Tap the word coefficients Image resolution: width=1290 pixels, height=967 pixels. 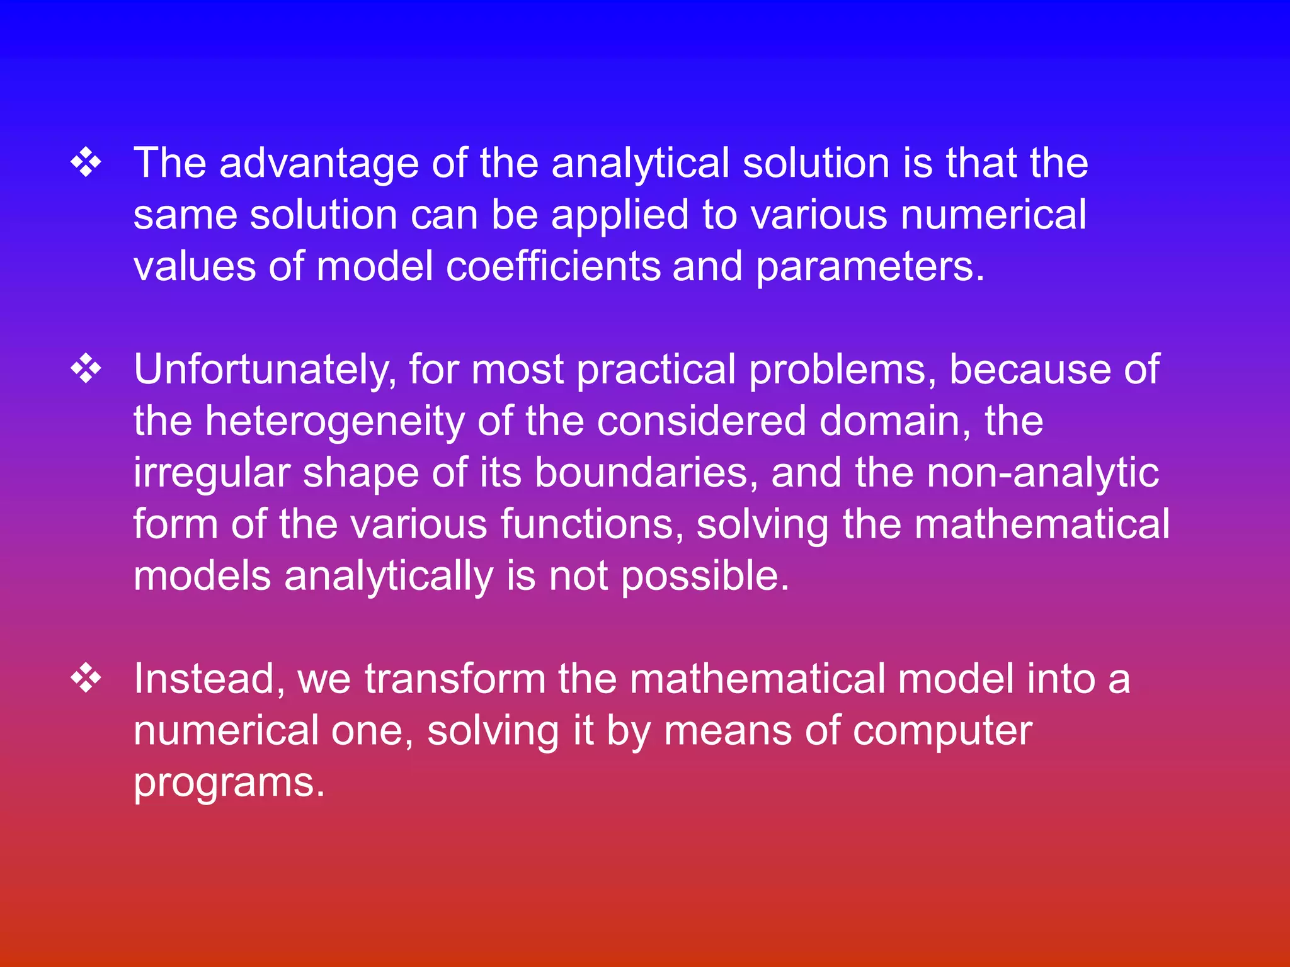[554, 267]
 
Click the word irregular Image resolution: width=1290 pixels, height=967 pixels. [211, 474]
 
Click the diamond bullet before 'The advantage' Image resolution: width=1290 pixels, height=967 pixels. [86, 164]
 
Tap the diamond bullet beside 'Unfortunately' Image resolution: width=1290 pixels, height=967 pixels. [86, 370]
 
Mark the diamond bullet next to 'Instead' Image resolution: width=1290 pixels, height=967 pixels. [86, 679]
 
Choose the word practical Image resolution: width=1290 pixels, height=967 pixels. [656, 370]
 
